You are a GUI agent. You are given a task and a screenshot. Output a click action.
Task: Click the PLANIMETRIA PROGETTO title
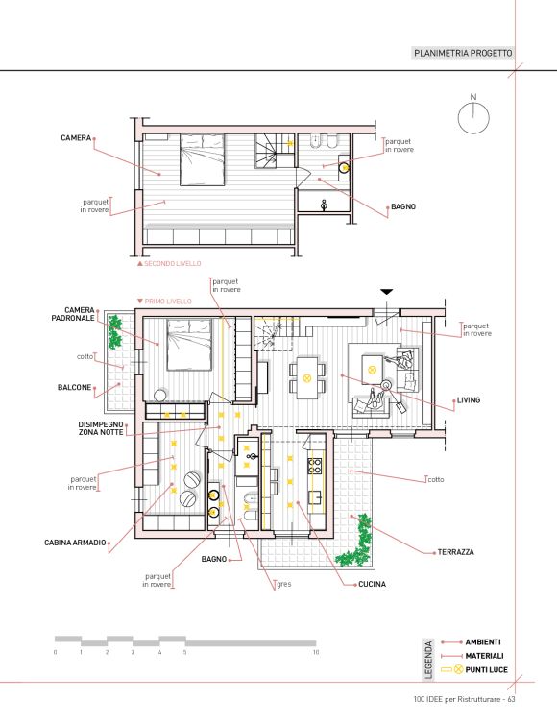(x=463, y=53)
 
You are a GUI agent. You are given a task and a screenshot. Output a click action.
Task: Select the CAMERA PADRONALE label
(x=73, y=314)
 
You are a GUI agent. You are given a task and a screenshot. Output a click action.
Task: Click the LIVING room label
(x=469, y=400)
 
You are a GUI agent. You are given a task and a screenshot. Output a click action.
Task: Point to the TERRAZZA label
(x=456, y=552)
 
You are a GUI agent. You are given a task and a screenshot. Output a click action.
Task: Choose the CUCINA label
(x=372, y=584)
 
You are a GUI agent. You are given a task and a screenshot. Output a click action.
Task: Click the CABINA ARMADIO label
(x=75, y=543)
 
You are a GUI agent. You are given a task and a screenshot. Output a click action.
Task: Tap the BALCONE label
(x=74, y=387)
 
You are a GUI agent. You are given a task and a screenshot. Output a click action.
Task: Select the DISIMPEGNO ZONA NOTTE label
(x=101, y=428)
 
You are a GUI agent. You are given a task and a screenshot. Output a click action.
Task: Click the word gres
(x=284, y=584)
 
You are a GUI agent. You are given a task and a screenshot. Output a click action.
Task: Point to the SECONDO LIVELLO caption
(x=173, y=264)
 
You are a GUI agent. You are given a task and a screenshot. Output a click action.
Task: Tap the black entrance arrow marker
(x=387, y=292)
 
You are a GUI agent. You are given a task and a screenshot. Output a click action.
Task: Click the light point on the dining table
(x=306, y=378)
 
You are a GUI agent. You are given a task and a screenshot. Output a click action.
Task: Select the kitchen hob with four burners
(x=315, y=465)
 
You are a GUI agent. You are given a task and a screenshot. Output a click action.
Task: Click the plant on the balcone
(x=114, y=331)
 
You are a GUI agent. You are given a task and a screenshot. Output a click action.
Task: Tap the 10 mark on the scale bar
(x=316, y=652)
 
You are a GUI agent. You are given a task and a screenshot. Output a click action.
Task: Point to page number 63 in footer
(x=511, y=699)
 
